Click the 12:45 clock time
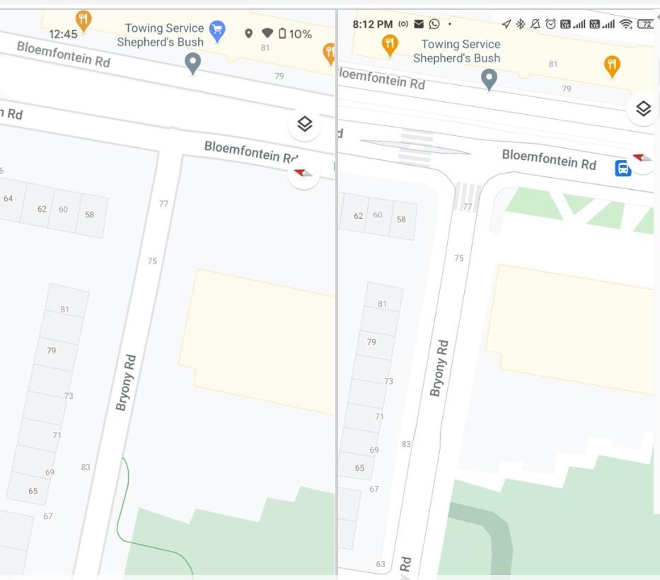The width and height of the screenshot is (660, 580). click(64, 34)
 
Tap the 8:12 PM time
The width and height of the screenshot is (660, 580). click(372, 24)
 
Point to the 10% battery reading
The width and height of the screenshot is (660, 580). click(301, 34)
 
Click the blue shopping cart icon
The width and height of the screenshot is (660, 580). click(217, 29)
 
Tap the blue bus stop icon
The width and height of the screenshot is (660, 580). click(623, 169)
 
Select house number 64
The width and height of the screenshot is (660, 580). click(8, 199)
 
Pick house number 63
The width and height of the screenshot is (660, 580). click(381, 564)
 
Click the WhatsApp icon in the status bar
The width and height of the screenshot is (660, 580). click(434, 24)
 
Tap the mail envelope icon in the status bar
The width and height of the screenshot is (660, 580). click(419, 24)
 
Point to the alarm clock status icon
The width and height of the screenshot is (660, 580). click(550, 24)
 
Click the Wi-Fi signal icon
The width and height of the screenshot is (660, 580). click(625, 24)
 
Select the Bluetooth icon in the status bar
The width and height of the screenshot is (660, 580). click(521, 24)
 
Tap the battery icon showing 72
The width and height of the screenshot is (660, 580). click(644, 24)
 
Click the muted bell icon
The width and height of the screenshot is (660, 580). click(535, 24)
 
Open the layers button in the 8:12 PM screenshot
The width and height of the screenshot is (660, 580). click(643, 109)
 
